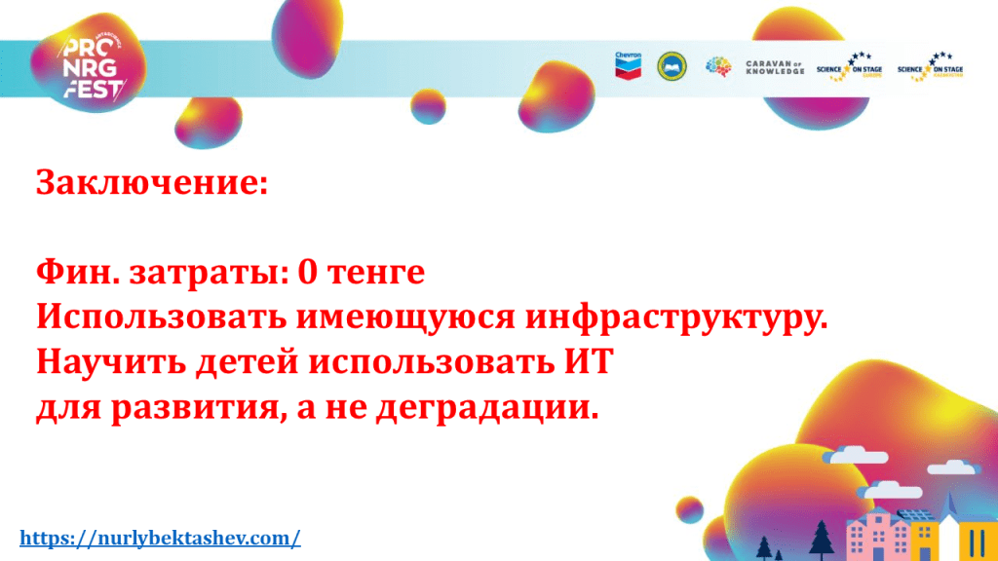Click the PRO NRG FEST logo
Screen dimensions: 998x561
93,68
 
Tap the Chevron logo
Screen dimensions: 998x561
629,65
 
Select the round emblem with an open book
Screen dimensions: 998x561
672,66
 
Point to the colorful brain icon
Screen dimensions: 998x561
718,66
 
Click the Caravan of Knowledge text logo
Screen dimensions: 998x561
775,67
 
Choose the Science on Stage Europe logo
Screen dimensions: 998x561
850,67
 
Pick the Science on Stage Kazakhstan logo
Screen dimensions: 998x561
931,67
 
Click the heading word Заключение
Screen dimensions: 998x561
152,182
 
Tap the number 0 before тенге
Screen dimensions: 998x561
307,273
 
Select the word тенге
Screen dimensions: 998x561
376,274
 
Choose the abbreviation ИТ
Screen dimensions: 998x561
589,361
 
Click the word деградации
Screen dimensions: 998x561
487,408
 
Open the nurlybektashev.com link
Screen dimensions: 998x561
161,538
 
